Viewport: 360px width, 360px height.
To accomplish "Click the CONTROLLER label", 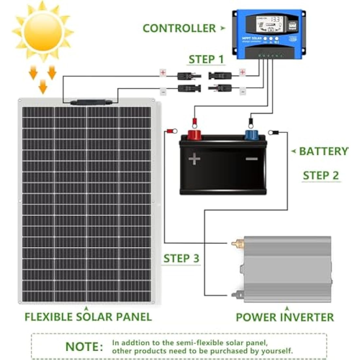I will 179,28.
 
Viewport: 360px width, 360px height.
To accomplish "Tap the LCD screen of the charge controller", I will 269,25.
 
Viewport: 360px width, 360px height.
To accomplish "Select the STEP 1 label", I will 206,59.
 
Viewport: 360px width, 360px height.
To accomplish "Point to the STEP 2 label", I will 321,175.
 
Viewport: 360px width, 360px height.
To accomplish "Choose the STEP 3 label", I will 181,258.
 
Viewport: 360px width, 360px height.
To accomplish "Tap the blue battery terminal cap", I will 251,135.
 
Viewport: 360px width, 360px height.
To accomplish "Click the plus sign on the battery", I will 194,159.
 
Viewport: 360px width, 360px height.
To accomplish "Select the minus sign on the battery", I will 251,159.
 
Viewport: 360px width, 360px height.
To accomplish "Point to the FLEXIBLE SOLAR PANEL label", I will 88,317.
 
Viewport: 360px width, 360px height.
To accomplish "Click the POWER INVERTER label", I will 285,317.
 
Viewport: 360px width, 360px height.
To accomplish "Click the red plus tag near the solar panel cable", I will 163,72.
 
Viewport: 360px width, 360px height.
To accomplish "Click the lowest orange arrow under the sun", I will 43,87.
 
